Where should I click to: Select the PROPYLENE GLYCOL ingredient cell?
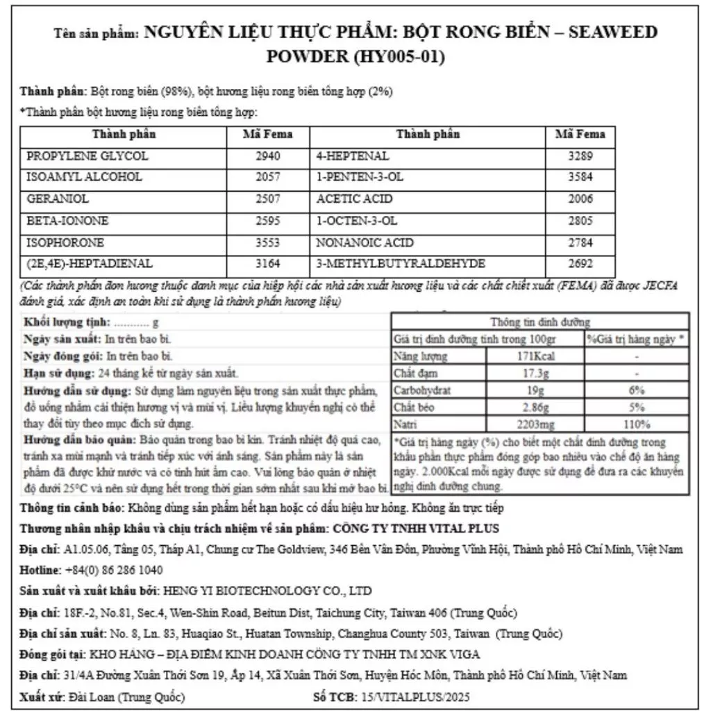(87, 156)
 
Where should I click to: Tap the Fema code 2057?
(268, 178)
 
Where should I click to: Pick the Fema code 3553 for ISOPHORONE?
(268, 243)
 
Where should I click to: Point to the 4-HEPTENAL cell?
(352, 156)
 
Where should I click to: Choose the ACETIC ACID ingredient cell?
(354, 199)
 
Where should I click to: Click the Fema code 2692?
(580, 264)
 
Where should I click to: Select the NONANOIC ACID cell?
(365, 243)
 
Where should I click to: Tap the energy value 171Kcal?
(535, 357)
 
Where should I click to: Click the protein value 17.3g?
(535, 374)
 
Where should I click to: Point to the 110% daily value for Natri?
(637, 424)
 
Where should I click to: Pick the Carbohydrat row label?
(422, 391)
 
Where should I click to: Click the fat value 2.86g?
(535, 408)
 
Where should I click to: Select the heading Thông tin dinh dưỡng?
(540, 323)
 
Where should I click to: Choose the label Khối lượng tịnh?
(67, 323)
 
